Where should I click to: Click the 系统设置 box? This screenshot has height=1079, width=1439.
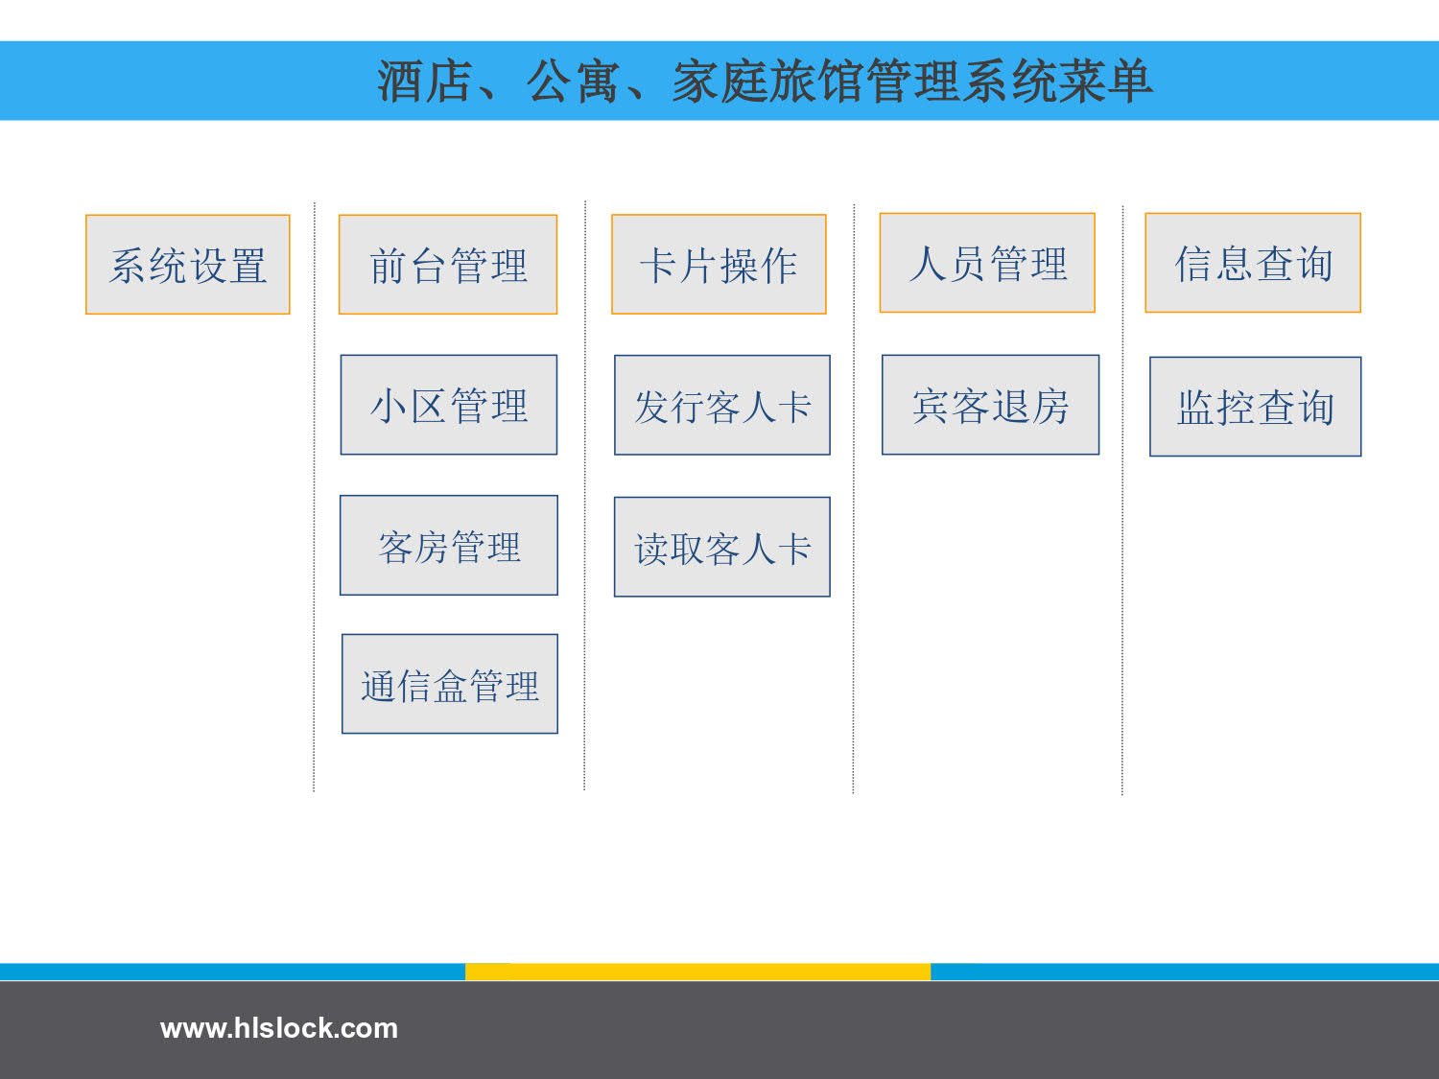tap(187, 265)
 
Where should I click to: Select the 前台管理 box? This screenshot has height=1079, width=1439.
tap(448, 265)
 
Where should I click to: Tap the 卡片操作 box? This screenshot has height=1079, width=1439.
tap(719, 264)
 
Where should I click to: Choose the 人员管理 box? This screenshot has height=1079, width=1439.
tap(987, 263)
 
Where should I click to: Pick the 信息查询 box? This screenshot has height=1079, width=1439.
tap(1253, 263)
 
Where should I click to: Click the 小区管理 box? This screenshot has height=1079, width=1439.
tap(449, 405)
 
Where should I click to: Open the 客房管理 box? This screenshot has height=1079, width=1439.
tap(449, 545)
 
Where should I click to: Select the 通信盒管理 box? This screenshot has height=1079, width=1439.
tap(450, 684)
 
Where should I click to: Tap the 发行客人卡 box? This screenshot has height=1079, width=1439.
tap(722, 405)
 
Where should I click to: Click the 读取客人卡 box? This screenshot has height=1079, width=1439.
tap(722, 547)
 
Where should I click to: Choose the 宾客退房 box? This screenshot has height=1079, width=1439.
tap(991, 405)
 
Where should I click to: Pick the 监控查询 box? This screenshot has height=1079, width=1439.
tap(1256, 407)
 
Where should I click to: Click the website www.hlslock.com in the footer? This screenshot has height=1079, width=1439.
tap(278, 1028)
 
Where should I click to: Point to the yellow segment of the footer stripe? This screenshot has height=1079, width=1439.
tap(697, 972)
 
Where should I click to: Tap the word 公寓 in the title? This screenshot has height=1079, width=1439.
tap(573, 82)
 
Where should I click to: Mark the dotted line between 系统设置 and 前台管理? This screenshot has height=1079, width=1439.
tap(314, 497)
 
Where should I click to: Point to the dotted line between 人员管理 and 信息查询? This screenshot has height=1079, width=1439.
tap(1122, 500)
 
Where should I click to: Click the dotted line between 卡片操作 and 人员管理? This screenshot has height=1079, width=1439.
tap(854, 499)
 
